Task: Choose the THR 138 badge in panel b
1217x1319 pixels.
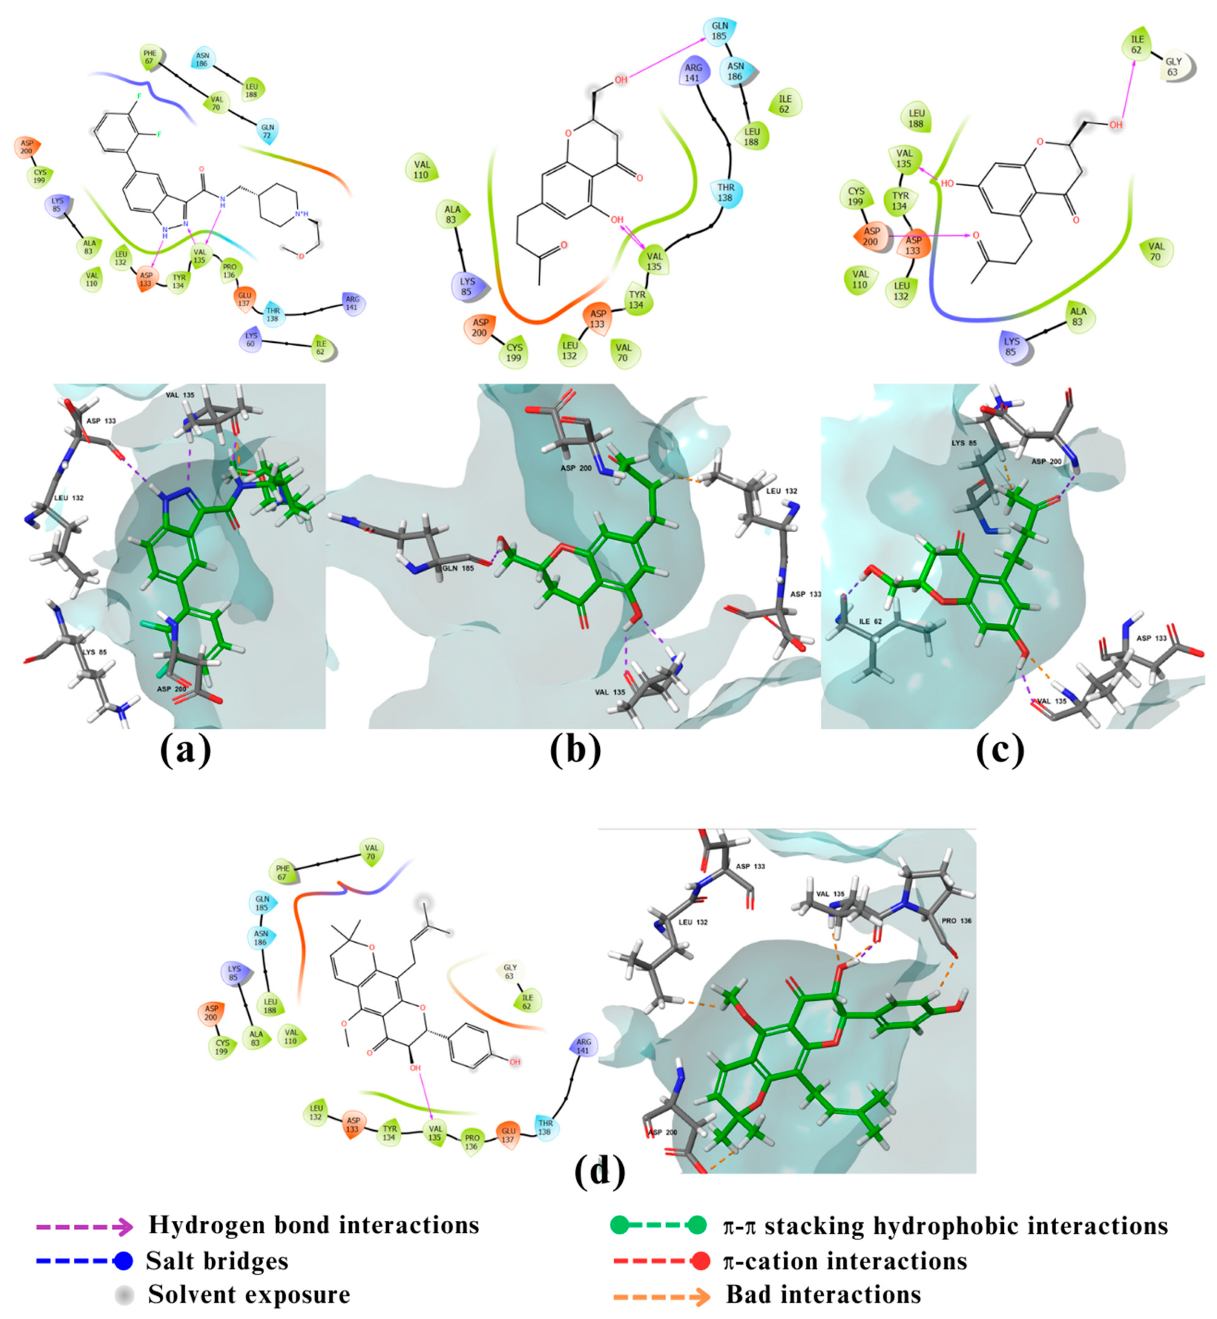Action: [726, 192]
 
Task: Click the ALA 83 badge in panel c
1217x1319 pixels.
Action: [1078, 317]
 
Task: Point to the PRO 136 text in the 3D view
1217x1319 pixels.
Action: [957, 921]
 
